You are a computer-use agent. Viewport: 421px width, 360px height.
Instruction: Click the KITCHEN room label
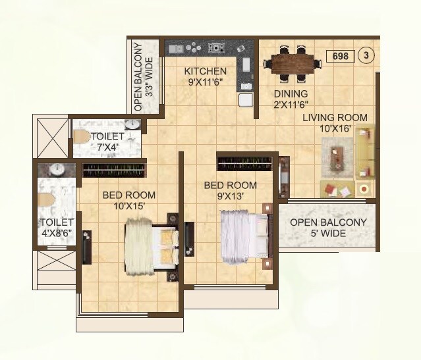click(x=206, y=71)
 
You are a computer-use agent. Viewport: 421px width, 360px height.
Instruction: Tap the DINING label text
click(x=291, y=94)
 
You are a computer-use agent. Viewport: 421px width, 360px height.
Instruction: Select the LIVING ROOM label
click(x=335, y=118)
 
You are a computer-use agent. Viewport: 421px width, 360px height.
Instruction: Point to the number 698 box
click(x=340, y=57)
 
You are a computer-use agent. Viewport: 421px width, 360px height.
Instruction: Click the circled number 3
click(x=366, y=57)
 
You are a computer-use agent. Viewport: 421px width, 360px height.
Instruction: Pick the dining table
click(x=293, y=64)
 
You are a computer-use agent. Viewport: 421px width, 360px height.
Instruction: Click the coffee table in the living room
click(x=338, y=159)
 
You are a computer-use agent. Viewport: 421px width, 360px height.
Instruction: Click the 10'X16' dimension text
click(x=335, y=129)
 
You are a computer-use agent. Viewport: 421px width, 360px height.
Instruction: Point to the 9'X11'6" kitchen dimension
click(x=206, y=82)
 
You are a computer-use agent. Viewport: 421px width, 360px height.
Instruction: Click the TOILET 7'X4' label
click(x=107, y=141)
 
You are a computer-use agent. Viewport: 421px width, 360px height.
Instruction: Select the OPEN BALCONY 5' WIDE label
click(x=328, y=228)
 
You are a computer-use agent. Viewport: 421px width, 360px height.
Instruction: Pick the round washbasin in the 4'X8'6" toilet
click(x=57, y=169)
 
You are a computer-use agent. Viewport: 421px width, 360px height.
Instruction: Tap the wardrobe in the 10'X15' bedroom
click(x=114, y=170)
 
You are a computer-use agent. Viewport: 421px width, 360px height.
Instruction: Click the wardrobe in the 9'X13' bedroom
click(x=245, y=163)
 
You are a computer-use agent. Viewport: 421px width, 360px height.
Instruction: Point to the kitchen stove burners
click(x=215, y=47)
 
